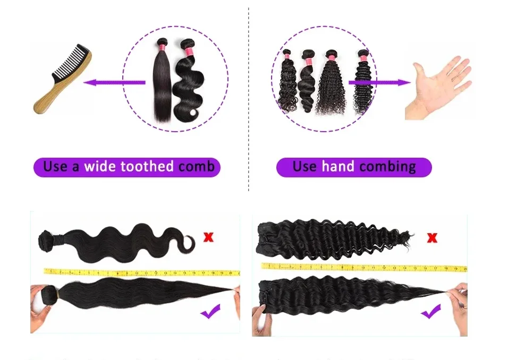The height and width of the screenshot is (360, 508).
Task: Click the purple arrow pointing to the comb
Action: point(114,82)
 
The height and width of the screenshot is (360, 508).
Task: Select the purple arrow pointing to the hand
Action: point(380,82)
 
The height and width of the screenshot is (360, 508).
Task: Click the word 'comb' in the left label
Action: point(197,167)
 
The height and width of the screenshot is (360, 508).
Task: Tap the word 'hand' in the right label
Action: point(338,167)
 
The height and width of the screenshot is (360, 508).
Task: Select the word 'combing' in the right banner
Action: point(388,167)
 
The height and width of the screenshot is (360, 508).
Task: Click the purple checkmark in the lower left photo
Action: point(211,312)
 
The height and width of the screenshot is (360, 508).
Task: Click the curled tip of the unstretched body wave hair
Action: point(189,246)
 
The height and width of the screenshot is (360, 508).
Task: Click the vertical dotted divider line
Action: point(249,101)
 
